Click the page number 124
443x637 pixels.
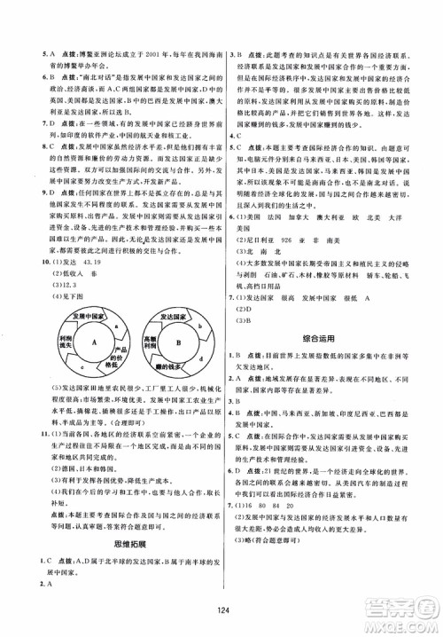click(x=221, y=614)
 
